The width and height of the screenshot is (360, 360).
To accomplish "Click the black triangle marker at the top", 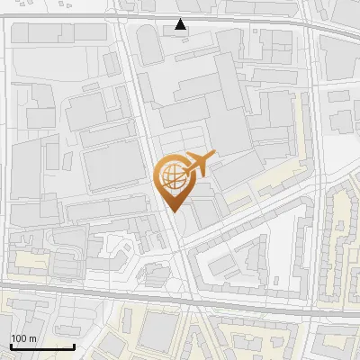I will pos(181,24).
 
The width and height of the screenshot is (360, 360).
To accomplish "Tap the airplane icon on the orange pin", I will pos(198,164).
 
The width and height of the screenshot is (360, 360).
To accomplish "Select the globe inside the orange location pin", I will pos(173,177).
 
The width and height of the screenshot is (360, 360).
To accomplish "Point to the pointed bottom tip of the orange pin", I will pos(173,211).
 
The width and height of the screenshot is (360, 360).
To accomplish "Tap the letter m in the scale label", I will pos(32,338).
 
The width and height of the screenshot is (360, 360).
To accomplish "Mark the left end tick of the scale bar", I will pos(11,346).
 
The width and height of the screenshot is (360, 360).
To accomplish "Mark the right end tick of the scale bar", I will pos(74,346).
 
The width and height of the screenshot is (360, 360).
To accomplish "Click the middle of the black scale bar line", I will pos(42,347).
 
